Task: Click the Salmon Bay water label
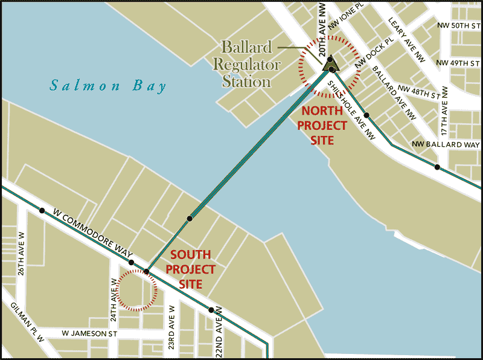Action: point(108,86)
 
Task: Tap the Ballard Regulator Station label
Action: point(251,64)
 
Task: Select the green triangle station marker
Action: point(330,63)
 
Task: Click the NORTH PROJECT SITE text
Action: point(325,126)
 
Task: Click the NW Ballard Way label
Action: point(446,145)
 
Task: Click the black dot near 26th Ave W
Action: point(42,211)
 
